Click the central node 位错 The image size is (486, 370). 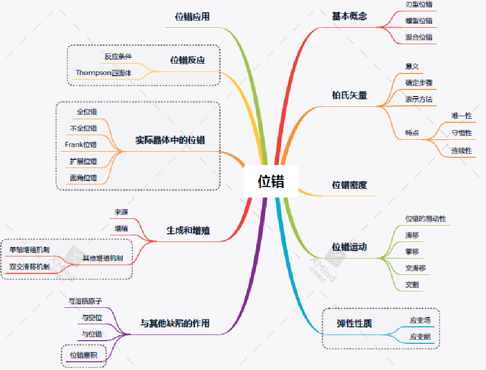pyautogui.click(x=271, y=181)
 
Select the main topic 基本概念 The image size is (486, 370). pyautogui.click(x=349, y=16)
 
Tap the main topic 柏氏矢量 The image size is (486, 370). pyautogui.click(x=349, y=95)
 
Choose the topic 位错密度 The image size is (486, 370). pyautogui.click(x=349, y=185)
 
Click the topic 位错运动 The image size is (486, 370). pyautogui.click(x=349, y=247)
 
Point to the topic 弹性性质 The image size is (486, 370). pyautogui.click(x=354, y=324)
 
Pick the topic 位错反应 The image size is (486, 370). pyautogui.click(x=188, y=60)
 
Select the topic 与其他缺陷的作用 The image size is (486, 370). pyautogui.click(x=175, y=324)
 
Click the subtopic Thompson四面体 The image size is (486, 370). pyautogui.click(x=104, y=73)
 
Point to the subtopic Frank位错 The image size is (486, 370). pyautogui.click(x=81, y=145)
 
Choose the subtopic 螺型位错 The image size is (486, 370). pyautogui.click(x=419, y=21)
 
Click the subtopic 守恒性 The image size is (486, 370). pyautogui.click(x=461, y=133)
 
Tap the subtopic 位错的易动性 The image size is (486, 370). pyautogui.click(x=426, y=218)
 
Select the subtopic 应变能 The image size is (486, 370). pyautogui.click(x=420, y=337)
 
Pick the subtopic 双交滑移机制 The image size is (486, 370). pyautogui.click(x=29, y=266)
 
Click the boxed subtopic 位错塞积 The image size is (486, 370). pyautogui.click(x=84, y=355)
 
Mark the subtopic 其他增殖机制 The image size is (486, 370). pyautogui.click(x=103, y=258)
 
